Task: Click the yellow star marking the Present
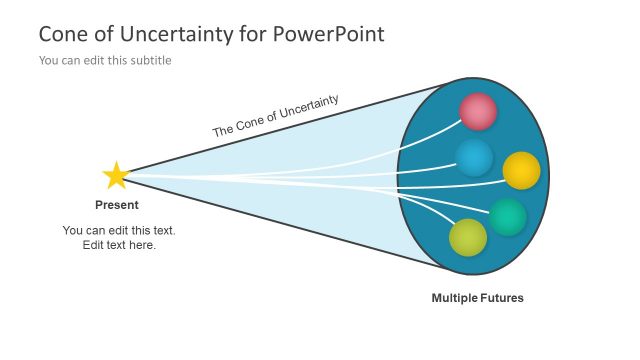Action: [116, 176]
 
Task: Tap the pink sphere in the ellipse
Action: [478, 112]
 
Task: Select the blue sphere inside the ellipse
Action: [474, 158]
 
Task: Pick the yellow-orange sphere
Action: [521, 171]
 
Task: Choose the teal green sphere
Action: [508, 217]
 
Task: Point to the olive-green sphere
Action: [468, 237]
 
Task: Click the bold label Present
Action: [117, 205]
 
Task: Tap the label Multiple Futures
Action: [477, 298]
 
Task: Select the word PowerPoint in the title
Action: [330, 34]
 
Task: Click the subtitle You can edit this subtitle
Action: [105, 60]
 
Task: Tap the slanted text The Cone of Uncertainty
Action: [276, 116]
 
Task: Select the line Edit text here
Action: [119, 245]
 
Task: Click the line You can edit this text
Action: [119, 230]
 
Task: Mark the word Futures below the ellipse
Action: [502, 298]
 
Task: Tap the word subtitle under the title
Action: [150, 60]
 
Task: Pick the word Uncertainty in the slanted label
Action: [304, 108]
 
